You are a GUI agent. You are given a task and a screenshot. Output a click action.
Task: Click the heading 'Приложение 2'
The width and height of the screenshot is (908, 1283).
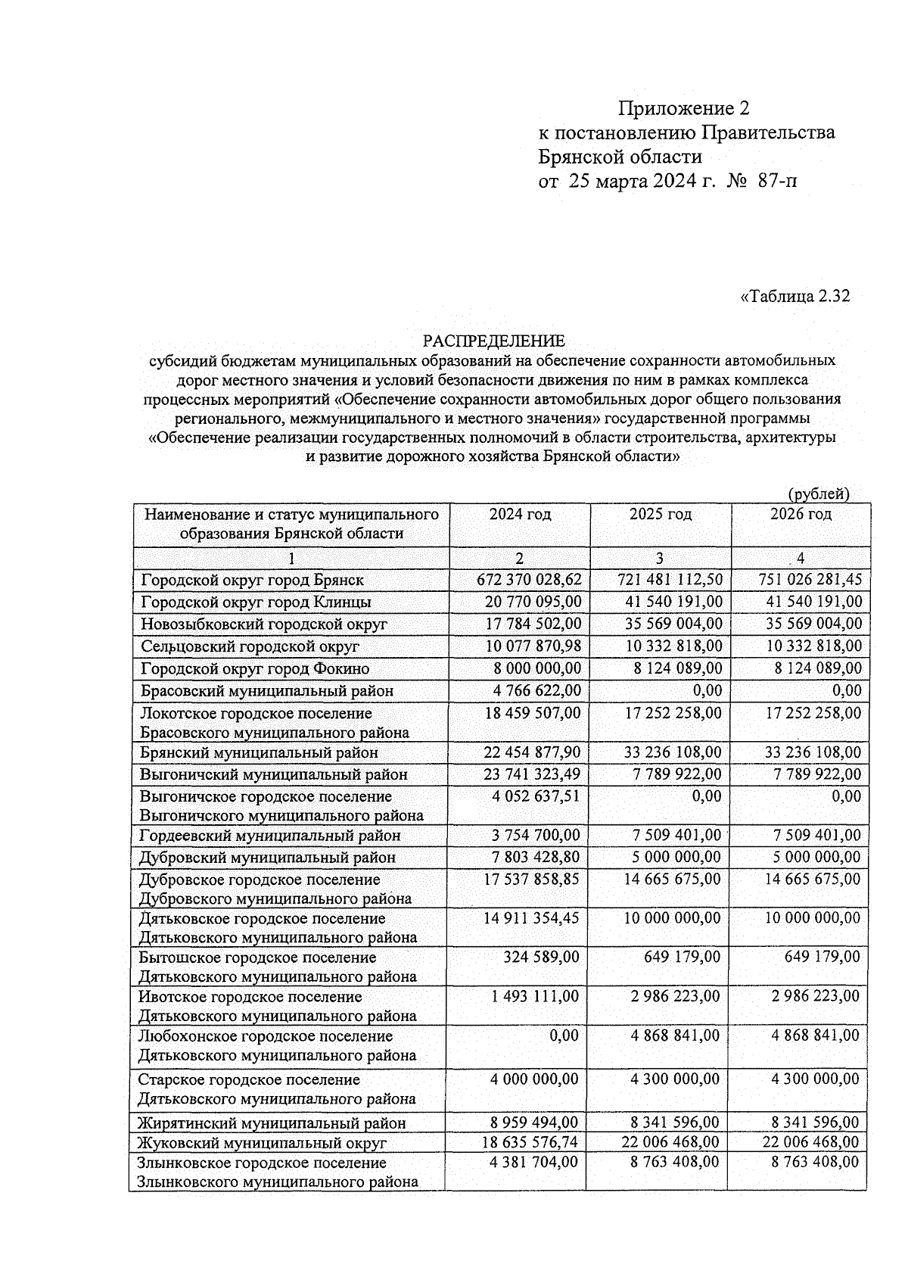(x=683, y=109)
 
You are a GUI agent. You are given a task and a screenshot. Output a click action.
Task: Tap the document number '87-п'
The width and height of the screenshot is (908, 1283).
(x=776, y=182)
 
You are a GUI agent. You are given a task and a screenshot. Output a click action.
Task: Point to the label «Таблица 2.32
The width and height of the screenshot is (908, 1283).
(x=794, y=296)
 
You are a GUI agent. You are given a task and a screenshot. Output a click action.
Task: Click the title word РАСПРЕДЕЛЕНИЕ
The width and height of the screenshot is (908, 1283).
(x=493, y=341)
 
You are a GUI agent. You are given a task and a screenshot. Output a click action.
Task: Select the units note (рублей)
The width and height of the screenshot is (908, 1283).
(x=819, y=494)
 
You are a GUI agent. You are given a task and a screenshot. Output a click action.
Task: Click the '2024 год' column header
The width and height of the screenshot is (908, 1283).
(x=520, y=515)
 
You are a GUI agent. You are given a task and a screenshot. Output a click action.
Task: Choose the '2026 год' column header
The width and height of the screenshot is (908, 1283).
(x=801, y=515)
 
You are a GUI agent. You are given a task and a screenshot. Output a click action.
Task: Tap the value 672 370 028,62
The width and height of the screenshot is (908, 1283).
(x=529, y=580)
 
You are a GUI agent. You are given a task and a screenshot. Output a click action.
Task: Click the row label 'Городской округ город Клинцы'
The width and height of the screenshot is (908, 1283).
(x=256, y=603)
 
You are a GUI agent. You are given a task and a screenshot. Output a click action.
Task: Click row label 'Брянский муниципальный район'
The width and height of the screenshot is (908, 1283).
(x=259, y=753)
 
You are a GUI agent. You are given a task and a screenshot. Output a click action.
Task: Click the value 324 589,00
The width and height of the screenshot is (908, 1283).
(x=541, y=957)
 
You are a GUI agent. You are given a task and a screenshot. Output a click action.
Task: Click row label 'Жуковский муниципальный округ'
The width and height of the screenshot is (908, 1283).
(x=261, y=1143)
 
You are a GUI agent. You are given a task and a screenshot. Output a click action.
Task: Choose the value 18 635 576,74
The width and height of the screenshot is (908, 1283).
(x=530, y=1141)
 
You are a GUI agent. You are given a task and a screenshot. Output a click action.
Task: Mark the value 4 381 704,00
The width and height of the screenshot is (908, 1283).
(x=534, y=1162)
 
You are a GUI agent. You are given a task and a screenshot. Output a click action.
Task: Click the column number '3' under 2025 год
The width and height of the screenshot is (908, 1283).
(x=660, y=559)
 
